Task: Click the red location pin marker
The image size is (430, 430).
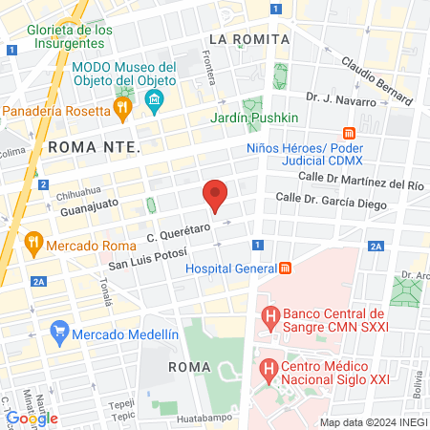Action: [x=216, y=195]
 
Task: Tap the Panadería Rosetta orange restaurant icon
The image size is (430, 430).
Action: [x=122, y=110]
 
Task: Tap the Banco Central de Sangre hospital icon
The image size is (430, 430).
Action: [x=270, y=313]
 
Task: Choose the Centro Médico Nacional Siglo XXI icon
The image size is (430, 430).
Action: [x=270, y=367]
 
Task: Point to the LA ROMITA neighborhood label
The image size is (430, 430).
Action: [x=248, y=39]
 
